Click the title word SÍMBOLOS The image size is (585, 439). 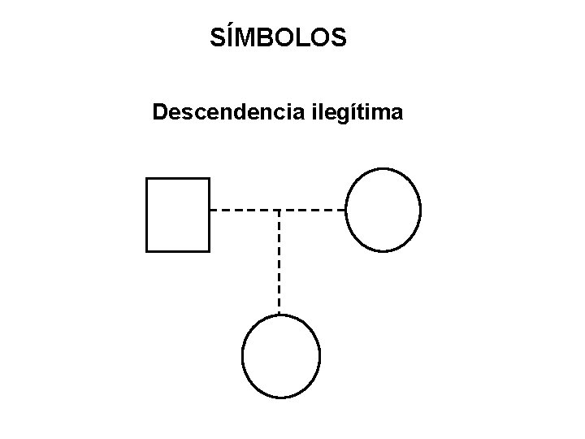(279, 37)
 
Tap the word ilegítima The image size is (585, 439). (356, 112)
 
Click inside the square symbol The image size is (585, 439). (177, 215)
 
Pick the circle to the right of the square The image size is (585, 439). (383, 210)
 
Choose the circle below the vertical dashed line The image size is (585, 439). (281, 355)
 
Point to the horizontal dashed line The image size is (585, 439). (244, 210)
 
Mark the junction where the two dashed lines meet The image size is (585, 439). (279, 210)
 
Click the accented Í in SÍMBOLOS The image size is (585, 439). (229, 37)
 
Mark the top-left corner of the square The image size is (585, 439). (146, 178)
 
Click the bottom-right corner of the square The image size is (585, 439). (209, 251)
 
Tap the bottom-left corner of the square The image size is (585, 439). (146, 251)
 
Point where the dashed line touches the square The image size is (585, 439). (210, 210)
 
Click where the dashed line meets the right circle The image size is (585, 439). (347, 210)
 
